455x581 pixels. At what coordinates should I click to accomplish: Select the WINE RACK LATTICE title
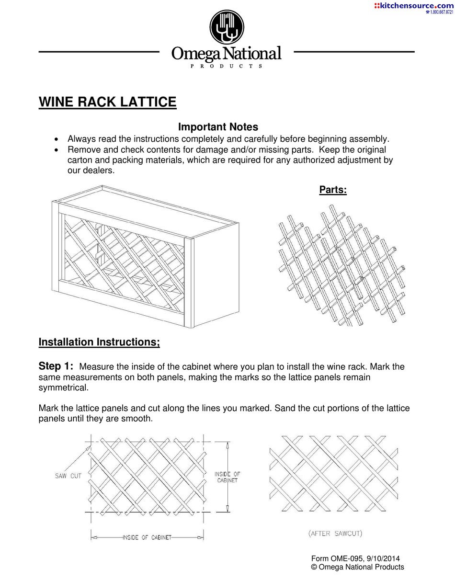[107, 102]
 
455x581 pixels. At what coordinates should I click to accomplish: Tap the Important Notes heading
[218, 127]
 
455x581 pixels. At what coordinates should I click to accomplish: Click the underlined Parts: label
[333, 190]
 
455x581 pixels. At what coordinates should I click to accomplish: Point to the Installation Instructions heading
[99, 342]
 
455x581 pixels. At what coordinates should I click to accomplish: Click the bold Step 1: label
[56, 366]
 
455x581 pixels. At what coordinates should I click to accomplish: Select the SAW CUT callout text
[68, 476]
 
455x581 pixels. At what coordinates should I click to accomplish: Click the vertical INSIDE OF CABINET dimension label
[227, 477]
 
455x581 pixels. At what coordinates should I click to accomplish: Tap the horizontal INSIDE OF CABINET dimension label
[147, 537]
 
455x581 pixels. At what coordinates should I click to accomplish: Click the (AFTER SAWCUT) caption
[335, 534]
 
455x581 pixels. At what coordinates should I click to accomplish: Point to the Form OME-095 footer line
[355, 558]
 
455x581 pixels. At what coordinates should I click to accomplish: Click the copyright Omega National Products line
[357, 567]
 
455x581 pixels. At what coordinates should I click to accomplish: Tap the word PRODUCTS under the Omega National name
[227, 66]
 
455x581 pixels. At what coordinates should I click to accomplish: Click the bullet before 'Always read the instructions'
[57, 139]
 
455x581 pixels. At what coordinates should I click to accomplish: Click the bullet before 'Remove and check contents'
[57, 150]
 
